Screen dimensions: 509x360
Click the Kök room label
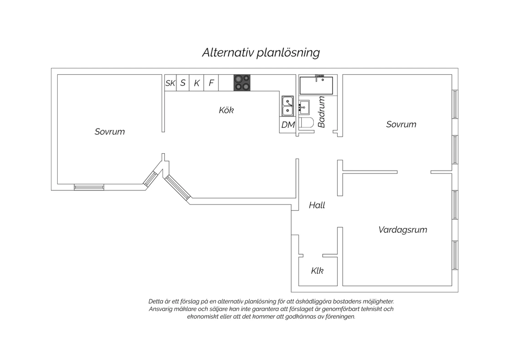(x=226, y=110)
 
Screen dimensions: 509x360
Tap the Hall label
(x=317, y=205)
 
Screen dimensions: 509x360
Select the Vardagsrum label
(x=403, y=230)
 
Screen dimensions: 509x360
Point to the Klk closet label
(x=317, y=271)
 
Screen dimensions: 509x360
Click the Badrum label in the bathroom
(x=322, y=112)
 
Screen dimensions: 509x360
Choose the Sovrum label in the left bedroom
(x=110, y=132)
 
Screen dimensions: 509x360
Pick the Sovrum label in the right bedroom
(x=401, y=124)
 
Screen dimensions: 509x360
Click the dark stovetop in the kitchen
(x=242, y=83)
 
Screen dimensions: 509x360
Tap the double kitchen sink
(x=288, y=106)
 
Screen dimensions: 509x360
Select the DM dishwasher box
(x=288, y=125)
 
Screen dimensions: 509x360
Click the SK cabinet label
(x=170, y=83)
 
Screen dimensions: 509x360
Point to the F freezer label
(x=211, y=83)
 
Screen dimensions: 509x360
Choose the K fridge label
(x=197, y=83)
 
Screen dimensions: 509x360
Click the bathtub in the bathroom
(x=316, y=86)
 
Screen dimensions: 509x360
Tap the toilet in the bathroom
(x=306, y=123)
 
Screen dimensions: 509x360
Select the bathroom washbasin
(x=304, y=107)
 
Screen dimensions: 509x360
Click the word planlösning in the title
(x=288, y=53)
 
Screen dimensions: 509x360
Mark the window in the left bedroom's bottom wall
(x=89, y=187)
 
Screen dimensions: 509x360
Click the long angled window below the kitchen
(x=177, y=187)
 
